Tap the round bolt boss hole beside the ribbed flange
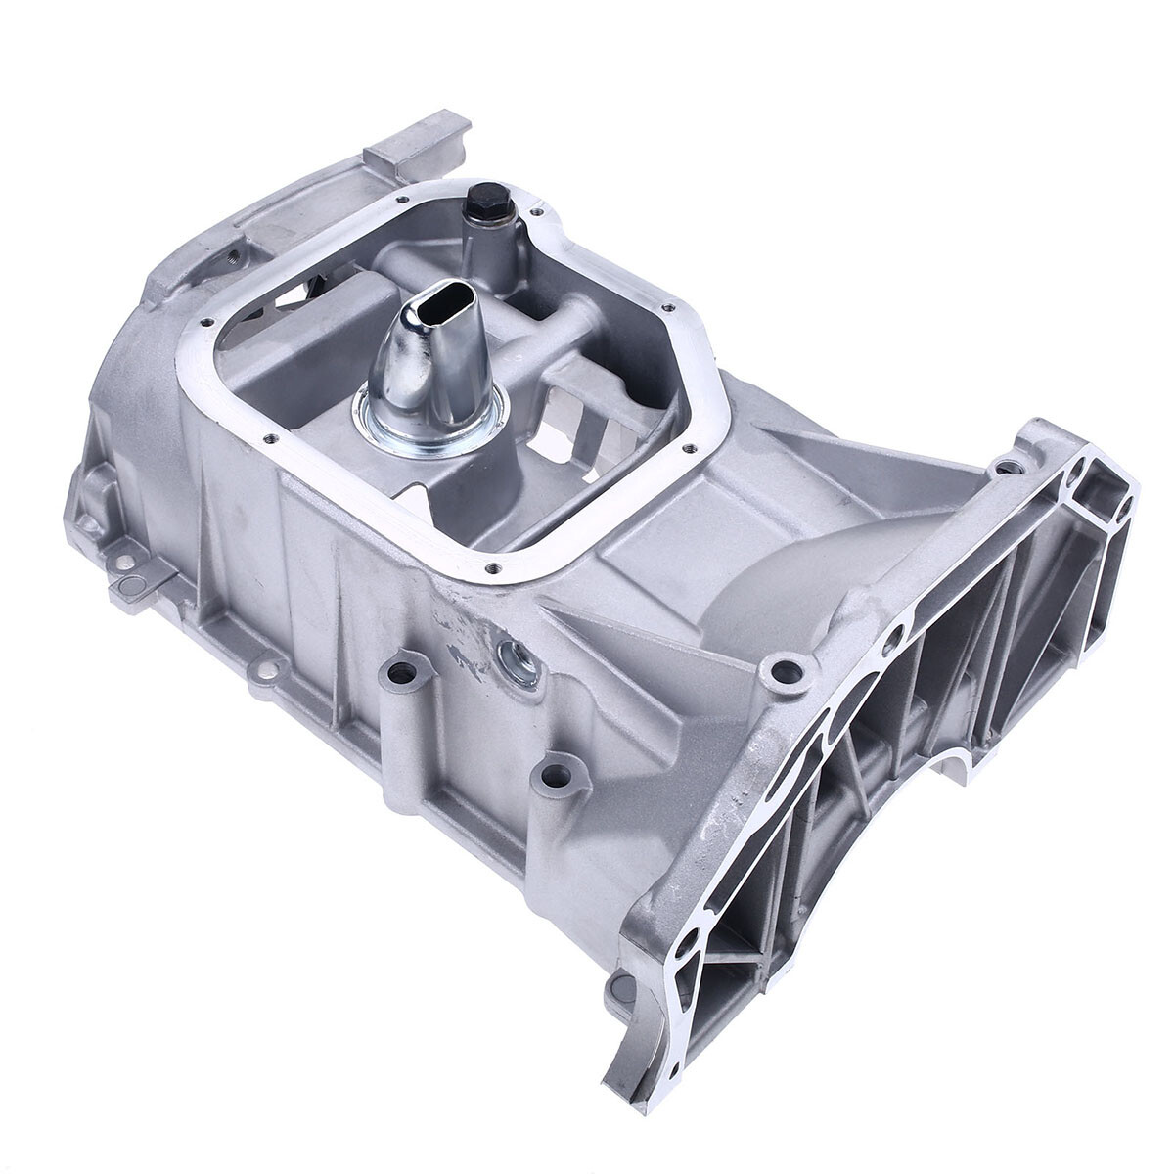click(782, 672)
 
